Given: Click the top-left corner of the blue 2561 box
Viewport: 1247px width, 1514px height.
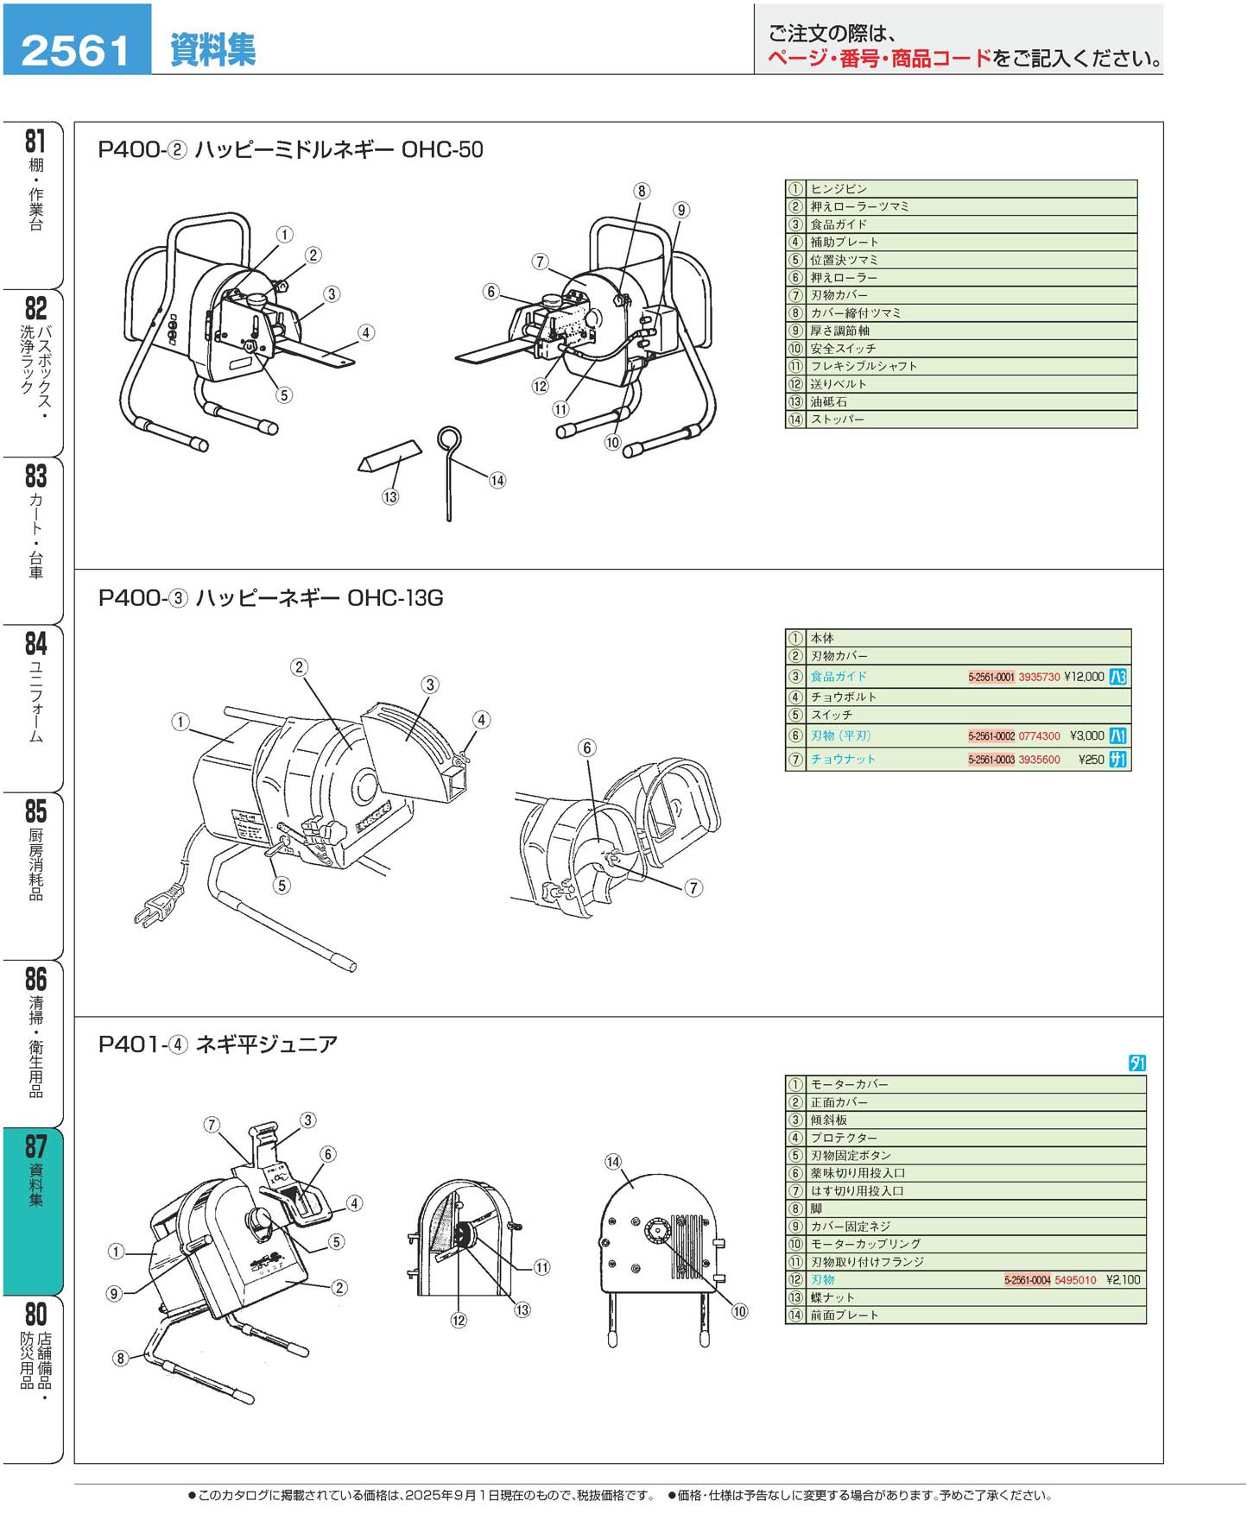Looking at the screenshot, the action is click(x=3, y=4).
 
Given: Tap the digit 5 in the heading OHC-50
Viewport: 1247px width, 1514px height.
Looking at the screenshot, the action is click(x=465, y=149).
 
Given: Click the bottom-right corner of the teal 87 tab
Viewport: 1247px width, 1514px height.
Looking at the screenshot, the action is click(x=63, y=1295).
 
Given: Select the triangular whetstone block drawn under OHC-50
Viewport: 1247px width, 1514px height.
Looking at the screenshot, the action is click(x=390, y=457).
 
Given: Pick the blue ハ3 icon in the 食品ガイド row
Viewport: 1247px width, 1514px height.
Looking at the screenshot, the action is click(x=1117, y=677).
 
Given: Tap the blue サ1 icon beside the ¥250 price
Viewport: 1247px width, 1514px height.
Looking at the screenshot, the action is click(x=1117, y=760).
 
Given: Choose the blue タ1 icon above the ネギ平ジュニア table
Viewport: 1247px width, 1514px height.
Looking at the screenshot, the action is click(x=1137, y=1063).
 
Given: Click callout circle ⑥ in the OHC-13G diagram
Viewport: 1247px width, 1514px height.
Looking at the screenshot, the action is click(x=587, y=748).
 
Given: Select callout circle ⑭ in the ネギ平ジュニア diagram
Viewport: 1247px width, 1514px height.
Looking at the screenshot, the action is click(x=613, y=1162).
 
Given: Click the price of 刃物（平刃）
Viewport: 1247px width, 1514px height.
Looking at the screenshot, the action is click(x=1086, y=736).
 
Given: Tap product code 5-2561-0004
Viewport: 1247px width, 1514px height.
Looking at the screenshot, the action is click(x=1027, y=1280).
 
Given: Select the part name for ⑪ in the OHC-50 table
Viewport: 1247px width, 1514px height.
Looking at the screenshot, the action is click(x=864, y=366).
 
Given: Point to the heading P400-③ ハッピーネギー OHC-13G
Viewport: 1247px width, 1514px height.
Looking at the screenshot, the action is click(x=270, y=597).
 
